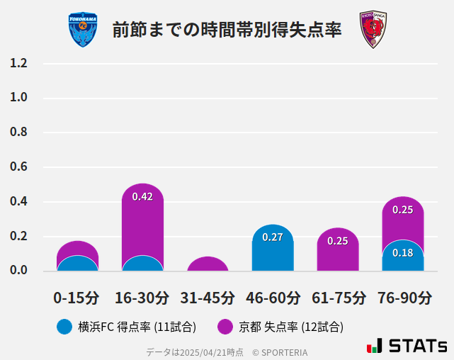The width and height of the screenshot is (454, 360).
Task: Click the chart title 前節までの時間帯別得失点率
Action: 227,30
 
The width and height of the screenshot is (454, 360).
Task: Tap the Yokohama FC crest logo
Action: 84,30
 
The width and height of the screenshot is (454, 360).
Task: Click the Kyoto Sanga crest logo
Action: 373,30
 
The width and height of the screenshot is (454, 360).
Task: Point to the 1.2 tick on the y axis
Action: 18,63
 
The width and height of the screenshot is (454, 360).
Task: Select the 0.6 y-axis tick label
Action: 18,167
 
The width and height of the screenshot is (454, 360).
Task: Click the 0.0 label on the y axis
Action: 18,270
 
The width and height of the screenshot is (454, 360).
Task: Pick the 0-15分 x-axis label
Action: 77,298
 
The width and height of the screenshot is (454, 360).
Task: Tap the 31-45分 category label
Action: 208,298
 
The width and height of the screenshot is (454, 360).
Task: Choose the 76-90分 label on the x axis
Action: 404,298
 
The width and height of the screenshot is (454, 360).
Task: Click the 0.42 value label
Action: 142,196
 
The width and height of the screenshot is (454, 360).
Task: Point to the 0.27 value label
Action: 273,237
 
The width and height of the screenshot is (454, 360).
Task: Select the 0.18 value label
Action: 402,252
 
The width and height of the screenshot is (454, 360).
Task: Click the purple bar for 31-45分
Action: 208,264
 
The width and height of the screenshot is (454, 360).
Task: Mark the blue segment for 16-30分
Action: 142,264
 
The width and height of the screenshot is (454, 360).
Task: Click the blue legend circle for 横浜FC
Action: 64,327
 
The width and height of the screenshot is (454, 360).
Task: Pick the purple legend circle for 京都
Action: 225,327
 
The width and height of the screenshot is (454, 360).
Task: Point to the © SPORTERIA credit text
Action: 280,352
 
